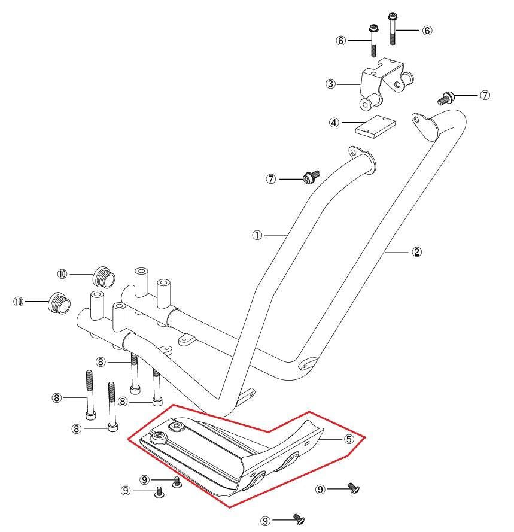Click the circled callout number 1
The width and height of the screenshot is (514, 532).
[x=257, y=235]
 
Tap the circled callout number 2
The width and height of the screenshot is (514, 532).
[x=416, y=252]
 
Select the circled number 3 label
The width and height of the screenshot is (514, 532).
[x=330, y=84]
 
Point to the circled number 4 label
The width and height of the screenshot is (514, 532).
[x=334, y=123]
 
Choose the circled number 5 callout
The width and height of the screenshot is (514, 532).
[x=349, y=439]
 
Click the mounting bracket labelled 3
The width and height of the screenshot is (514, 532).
[x=386, y=83]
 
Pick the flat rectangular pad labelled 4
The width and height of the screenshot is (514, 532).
[x=376, y=126]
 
